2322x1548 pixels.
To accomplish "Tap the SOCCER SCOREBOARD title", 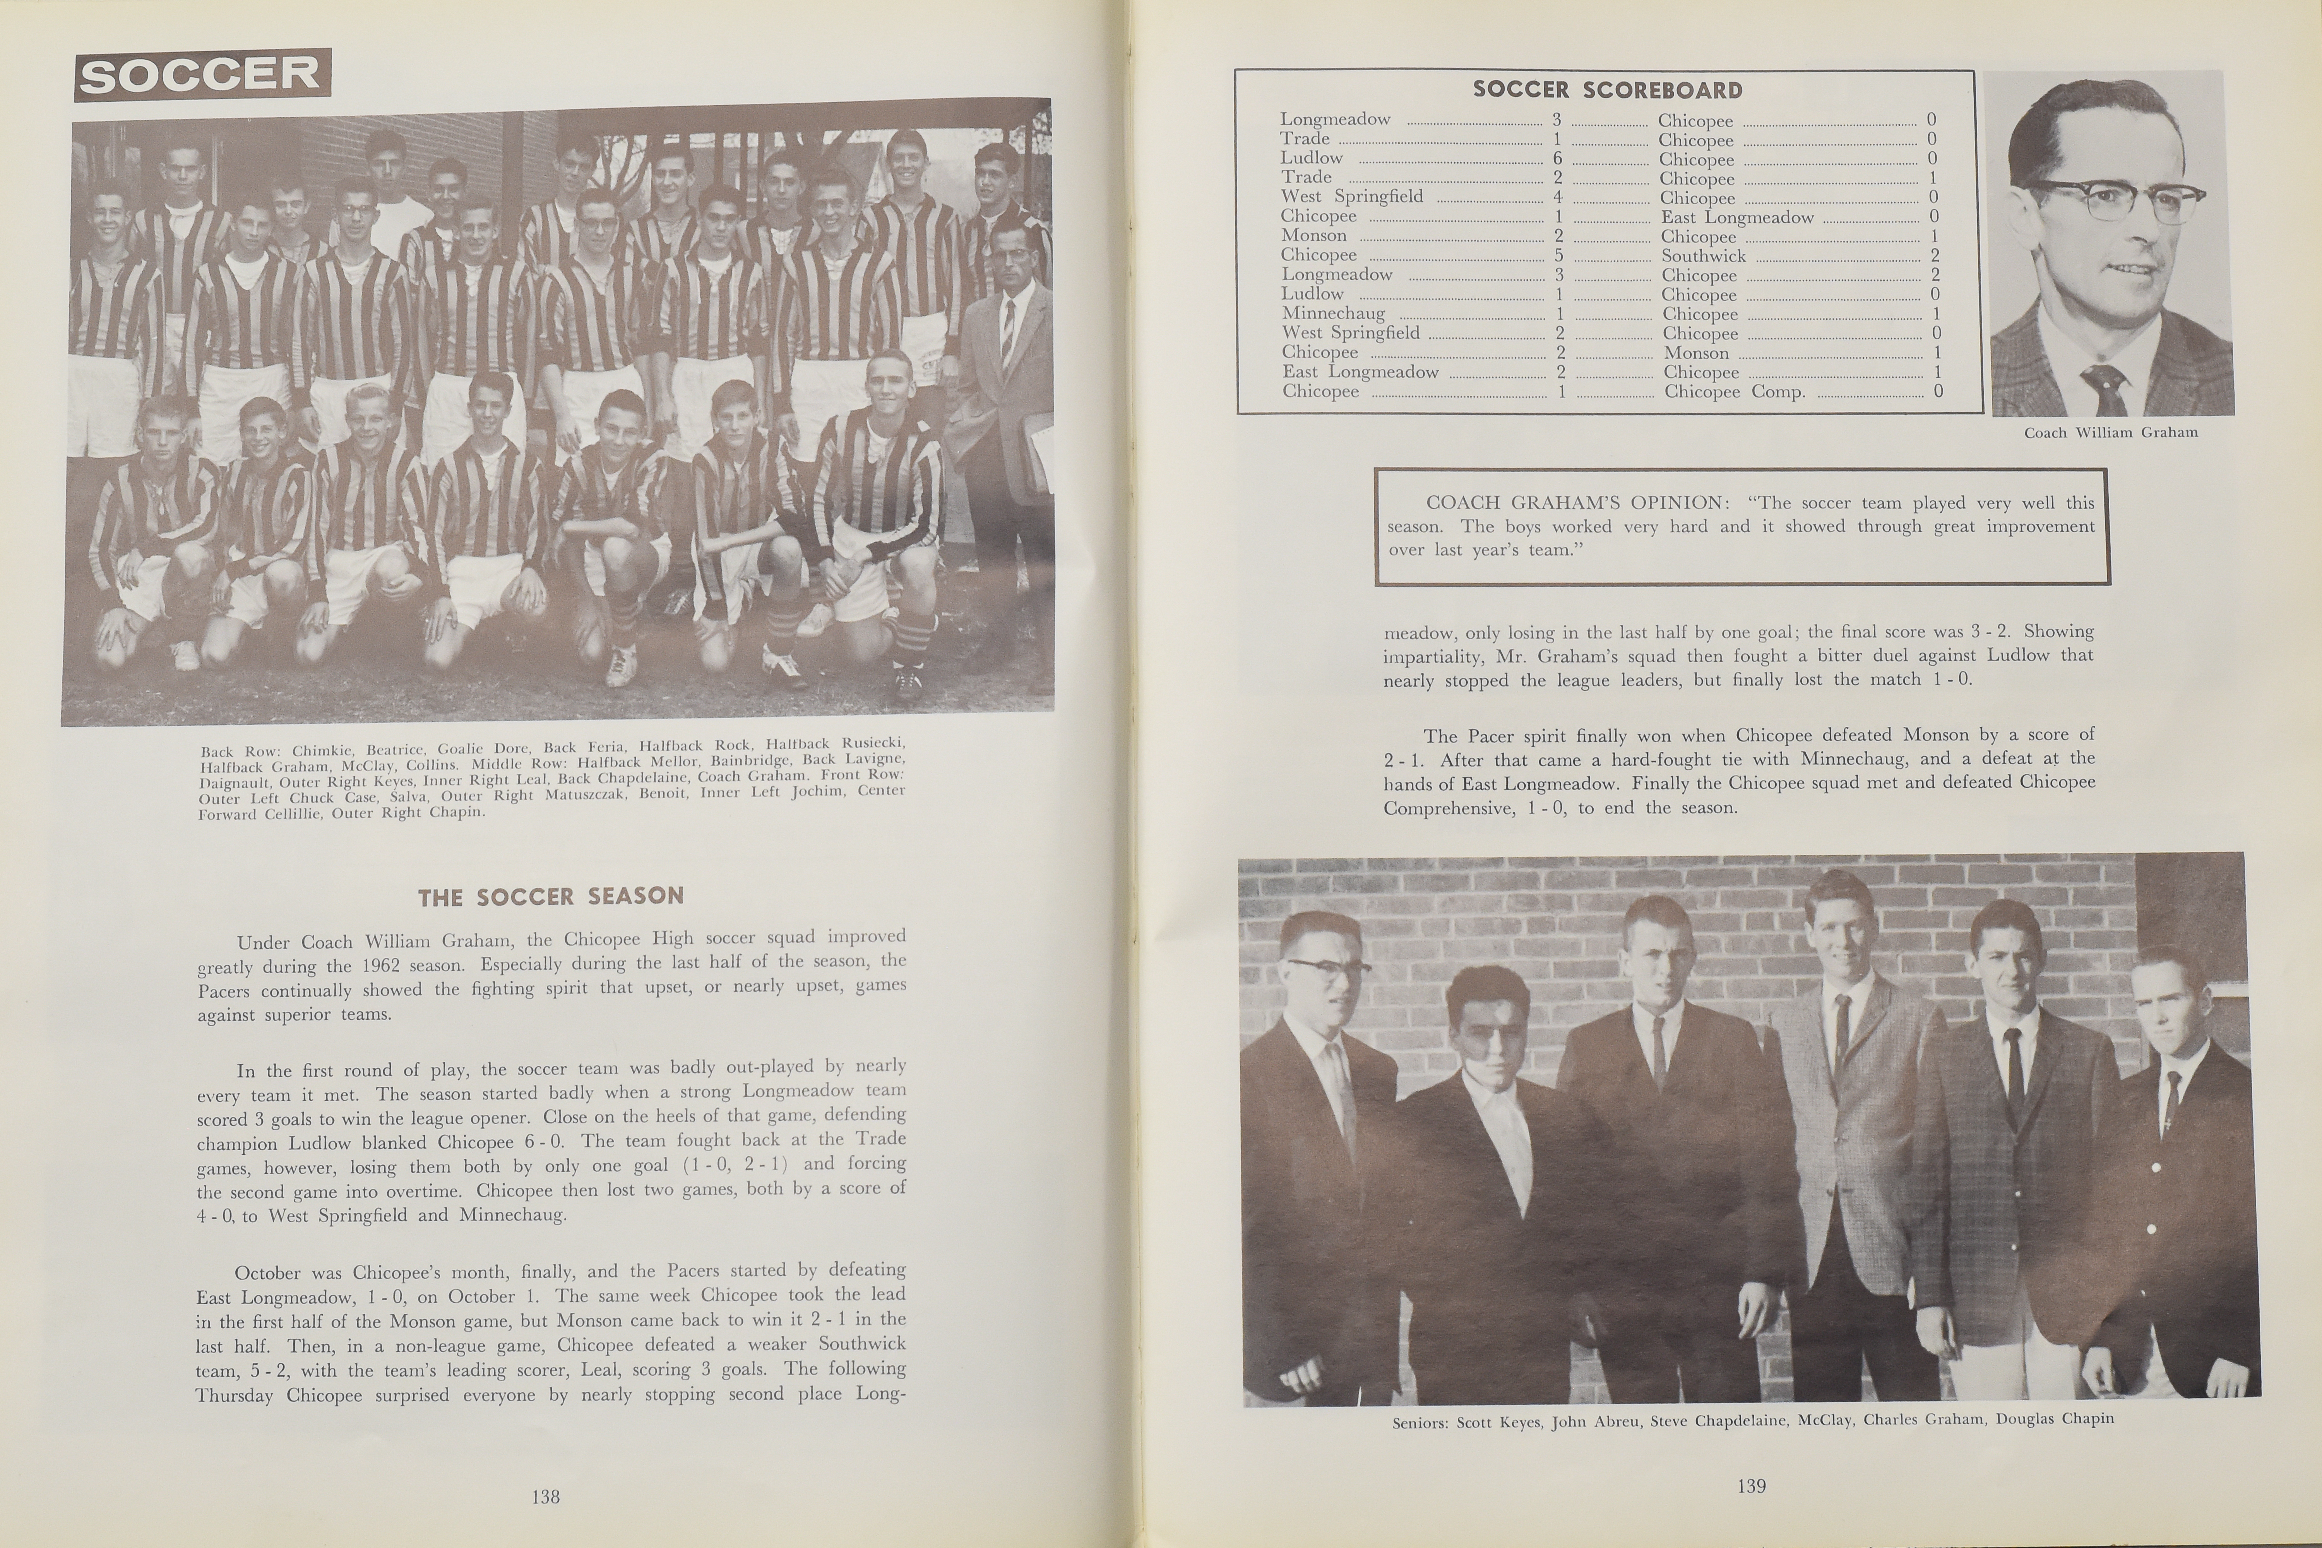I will pos(1607,90).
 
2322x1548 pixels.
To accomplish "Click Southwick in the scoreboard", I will pos(1703,256).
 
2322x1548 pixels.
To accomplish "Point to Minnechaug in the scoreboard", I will pos(1333,313).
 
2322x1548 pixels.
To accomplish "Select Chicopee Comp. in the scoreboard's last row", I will pos(1735,392).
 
